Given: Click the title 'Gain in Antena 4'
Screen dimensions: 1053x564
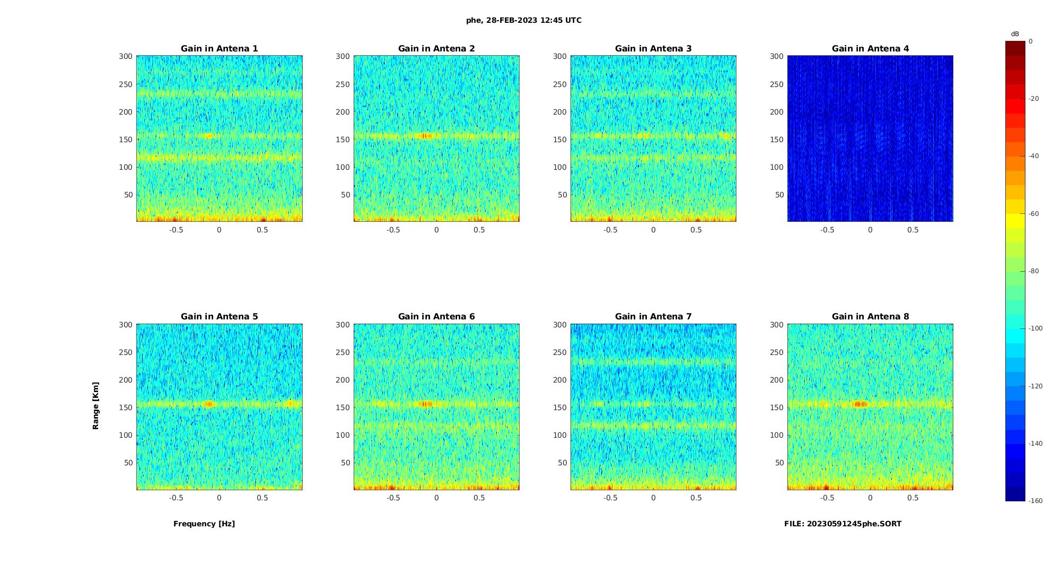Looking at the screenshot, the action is coord(870,49).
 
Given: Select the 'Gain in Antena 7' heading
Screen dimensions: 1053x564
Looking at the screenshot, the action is coord(653,317).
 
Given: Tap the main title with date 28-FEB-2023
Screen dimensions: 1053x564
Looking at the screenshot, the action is coord(524,20).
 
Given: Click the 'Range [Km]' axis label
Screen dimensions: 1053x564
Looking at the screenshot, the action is coord(96,405).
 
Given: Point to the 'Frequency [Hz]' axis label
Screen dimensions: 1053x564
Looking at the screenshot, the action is coord(204,524).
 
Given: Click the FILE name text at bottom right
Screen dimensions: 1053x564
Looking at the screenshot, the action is coord(843,524).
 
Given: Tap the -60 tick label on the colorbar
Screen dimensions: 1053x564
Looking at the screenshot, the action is coord(1034,214).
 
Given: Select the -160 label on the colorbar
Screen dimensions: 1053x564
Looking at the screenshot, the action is coord(1036,501).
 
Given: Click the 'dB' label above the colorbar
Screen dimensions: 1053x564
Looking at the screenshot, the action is coord(1015,34).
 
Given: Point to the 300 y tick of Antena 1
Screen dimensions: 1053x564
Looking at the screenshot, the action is coord(126,56).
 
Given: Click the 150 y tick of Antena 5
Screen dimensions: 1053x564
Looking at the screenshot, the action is coord(126,407).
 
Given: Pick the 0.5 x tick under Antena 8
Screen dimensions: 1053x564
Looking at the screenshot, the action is coord(912,498).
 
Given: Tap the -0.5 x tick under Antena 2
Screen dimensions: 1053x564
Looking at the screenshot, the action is coord(393,230).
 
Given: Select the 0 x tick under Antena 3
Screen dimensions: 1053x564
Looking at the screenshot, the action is coord(653,230).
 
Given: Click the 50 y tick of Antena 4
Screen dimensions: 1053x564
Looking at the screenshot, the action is coord(779,195).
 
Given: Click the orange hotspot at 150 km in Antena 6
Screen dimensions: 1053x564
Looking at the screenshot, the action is coord(426,404).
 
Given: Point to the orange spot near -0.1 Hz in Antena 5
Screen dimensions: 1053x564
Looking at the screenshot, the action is coord(209,404).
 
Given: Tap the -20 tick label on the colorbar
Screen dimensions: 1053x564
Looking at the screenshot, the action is coord(1034,99).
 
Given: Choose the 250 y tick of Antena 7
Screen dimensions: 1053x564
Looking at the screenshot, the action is coord(559,352).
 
